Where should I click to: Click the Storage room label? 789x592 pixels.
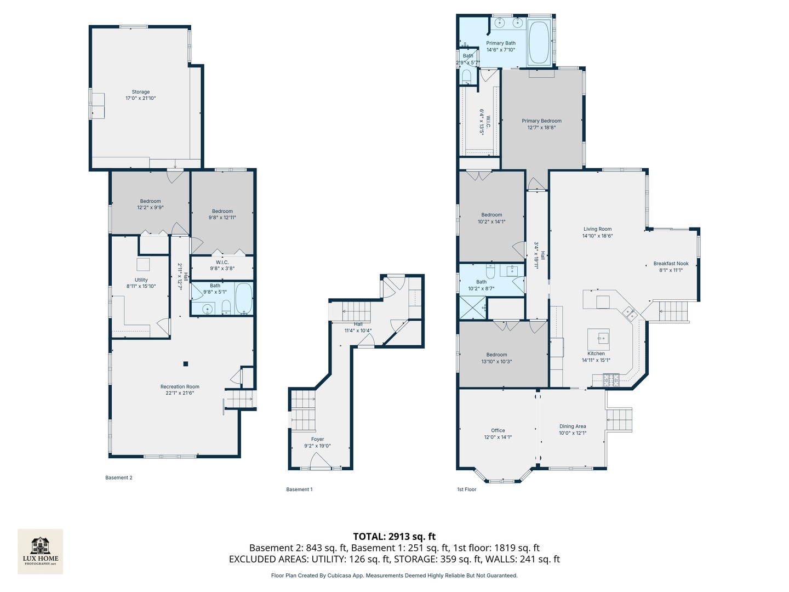click(140, 92)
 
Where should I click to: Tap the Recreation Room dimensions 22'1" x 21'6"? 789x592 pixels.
click(180, 393)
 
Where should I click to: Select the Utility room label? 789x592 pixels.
click(141, 280)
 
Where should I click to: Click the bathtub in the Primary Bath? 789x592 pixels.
click(539, 42)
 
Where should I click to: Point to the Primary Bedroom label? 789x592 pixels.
click(541, 121)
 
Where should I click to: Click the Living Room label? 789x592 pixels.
click(597, 229)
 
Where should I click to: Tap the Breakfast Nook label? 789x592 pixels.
click(671, 264)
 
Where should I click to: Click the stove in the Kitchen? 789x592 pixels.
click(611, 380)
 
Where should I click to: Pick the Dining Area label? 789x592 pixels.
click(572, 426)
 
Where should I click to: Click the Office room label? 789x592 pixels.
click(498, 431)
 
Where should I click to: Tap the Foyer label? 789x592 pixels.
click(317, 439)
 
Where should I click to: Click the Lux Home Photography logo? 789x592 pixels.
click(40, 551)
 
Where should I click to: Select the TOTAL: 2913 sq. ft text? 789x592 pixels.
click(395, 536)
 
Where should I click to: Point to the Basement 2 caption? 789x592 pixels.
click(118, 477)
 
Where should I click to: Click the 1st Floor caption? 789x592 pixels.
click(467, 489)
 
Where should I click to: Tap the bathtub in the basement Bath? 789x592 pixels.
click(244, 299)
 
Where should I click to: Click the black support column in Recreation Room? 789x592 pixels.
click(186, 364)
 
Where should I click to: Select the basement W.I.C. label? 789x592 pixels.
click(222, 263)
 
